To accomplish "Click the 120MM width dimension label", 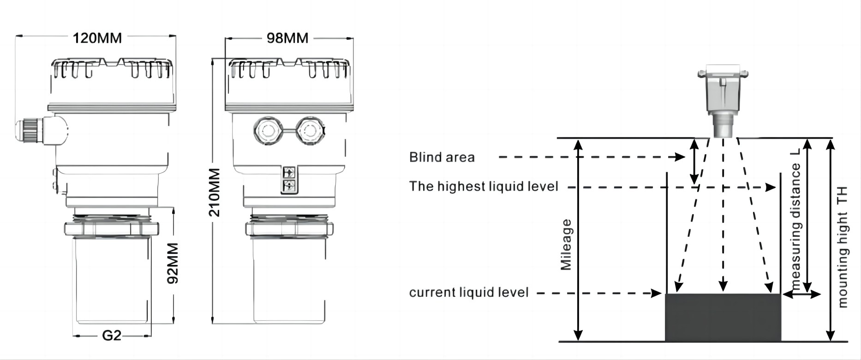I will click(97, 38).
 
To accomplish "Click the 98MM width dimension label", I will click(287, 38).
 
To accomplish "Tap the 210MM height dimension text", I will click(215, 192).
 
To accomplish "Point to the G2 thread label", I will click(111, 336).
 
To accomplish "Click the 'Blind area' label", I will click(442, 157).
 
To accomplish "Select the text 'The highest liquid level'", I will click(484, 186).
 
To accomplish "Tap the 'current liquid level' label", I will click(469, 293).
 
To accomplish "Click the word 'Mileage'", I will click(566, 244).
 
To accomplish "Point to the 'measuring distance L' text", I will click(796, 226).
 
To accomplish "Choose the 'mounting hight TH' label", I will click(843, 247).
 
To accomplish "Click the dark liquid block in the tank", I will click(723, 317).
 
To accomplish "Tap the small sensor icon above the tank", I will click(723, 102).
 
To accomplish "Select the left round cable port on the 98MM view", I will click(267, 131).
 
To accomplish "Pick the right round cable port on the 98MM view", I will click(309, 131).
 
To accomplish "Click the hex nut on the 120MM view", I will click(111, 229).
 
